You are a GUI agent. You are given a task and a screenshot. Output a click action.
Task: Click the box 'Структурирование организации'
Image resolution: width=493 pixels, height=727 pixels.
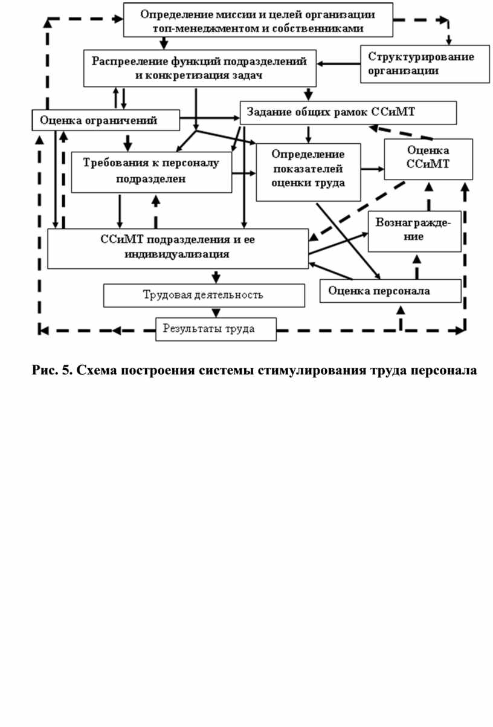tap(425, 63)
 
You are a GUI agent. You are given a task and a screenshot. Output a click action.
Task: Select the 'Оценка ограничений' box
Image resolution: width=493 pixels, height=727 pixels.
tap(106, 120)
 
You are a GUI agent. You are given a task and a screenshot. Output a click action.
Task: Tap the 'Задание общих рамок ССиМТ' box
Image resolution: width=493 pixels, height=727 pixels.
tap(348, 112)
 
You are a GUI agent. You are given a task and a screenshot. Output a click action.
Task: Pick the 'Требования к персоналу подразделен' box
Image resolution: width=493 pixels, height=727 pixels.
tap(152, 172)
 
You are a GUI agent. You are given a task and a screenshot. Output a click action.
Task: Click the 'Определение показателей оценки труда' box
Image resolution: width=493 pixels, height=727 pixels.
tap(308, 171)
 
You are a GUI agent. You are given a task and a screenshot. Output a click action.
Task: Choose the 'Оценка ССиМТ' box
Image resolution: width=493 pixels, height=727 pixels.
tap(428, 158)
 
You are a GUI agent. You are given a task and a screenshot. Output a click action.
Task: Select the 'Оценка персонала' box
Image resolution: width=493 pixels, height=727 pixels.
tap(390, 291)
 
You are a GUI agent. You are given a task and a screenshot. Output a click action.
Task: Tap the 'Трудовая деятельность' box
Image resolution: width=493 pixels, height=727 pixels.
tap(203, 295)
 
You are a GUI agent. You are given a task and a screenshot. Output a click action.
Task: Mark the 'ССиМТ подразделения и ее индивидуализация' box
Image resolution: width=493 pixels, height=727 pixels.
tap(178, 247)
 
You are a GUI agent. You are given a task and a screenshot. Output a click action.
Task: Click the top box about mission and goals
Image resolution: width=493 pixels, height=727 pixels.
tap(257, 19)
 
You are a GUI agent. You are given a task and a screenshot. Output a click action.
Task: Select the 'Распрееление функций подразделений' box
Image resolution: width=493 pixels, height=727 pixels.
tap(199, 68)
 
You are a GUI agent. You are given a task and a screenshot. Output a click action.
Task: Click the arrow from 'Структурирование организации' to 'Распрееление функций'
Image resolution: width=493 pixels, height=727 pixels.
tap(339, 63)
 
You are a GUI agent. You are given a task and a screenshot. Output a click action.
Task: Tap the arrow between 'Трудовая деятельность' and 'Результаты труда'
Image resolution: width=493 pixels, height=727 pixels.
tap(215, 312)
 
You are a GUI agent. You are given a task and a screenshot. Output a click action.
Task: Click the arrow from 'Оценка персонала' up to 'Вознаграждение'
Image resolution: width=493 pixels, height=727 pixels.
tap(416, 266)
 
